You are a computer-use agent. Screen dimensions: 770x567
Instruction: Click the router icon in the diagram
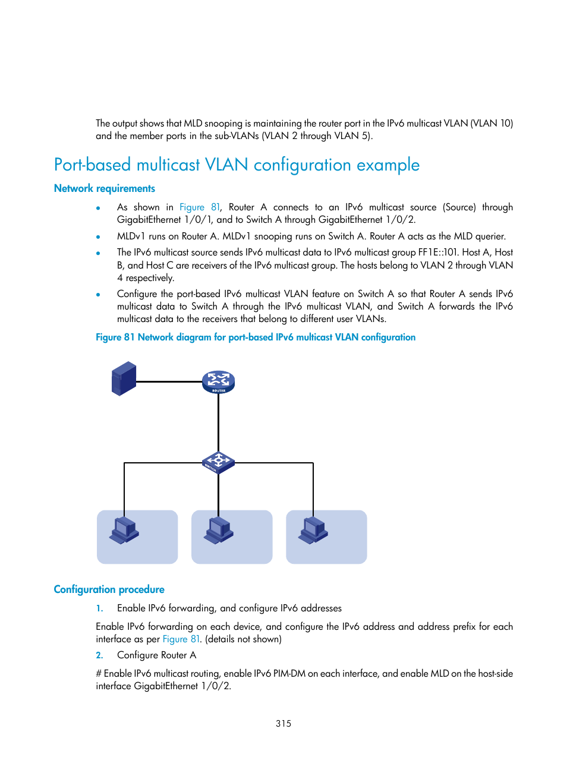point(218,381)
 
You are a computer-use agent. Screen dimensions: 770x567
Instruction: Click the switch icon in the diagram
point(218,462)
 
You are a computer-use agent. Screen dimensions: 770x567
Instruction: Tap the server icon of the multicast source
point(124,378)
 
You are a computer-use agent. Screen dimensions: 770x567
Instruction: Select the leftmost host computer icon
point(124,530)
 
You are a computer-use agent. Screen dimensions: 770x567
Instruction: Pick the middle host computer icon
point(218,530)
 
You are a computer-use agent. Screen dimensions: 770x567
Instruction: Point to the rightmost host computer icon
point(313,530)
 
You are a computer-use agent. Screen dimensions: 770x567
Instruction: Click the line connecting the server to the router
point(169,381)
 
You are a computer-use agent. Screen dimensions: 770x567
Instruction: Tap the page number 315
point(283,723)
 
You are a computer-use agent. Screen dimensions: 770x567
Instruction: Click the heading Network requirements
point(105,188)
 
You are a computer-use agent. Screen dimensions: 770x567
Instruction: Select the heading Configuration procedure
point(109,589)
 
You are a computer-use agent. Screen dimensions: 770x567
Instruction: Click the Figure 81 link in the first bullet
point(199,207)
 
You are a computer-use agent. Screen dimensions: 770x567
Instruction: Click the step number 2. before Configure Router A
point(99,655)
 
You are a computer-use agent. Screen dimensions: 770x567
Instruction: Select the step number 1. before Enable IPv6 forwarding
point(99,608)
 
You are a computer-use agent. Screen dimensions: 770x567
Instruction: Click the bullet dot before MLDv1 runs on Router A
point(98,237)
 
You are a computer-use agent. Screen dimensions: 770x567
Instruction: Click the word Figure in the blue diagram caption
point(108,337)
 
